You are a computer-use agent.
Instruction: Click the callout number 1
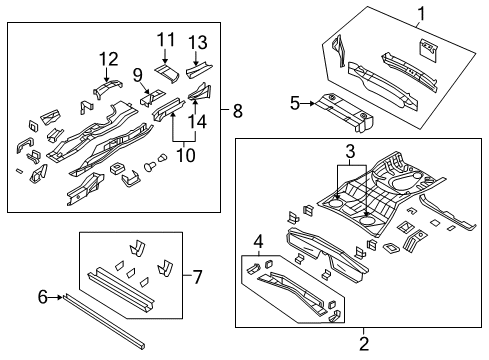[x=421, y=13]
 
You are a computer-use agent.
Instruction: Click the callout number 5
[x=295, y=102]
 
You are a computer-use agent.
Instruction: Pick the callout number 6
[x=43, y=295]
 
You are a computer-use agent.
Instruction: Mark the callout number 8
[x=237, y=112]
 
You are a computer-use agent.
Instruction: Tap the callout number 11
[x=165, y=39]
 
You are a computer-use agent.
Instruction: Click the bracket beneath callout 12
[x=107, y=89]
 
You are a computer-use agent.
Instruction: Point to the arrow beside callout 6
[x=56, y=296]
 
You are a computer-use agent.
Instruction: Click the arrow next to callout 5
[x=308, y=102]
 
